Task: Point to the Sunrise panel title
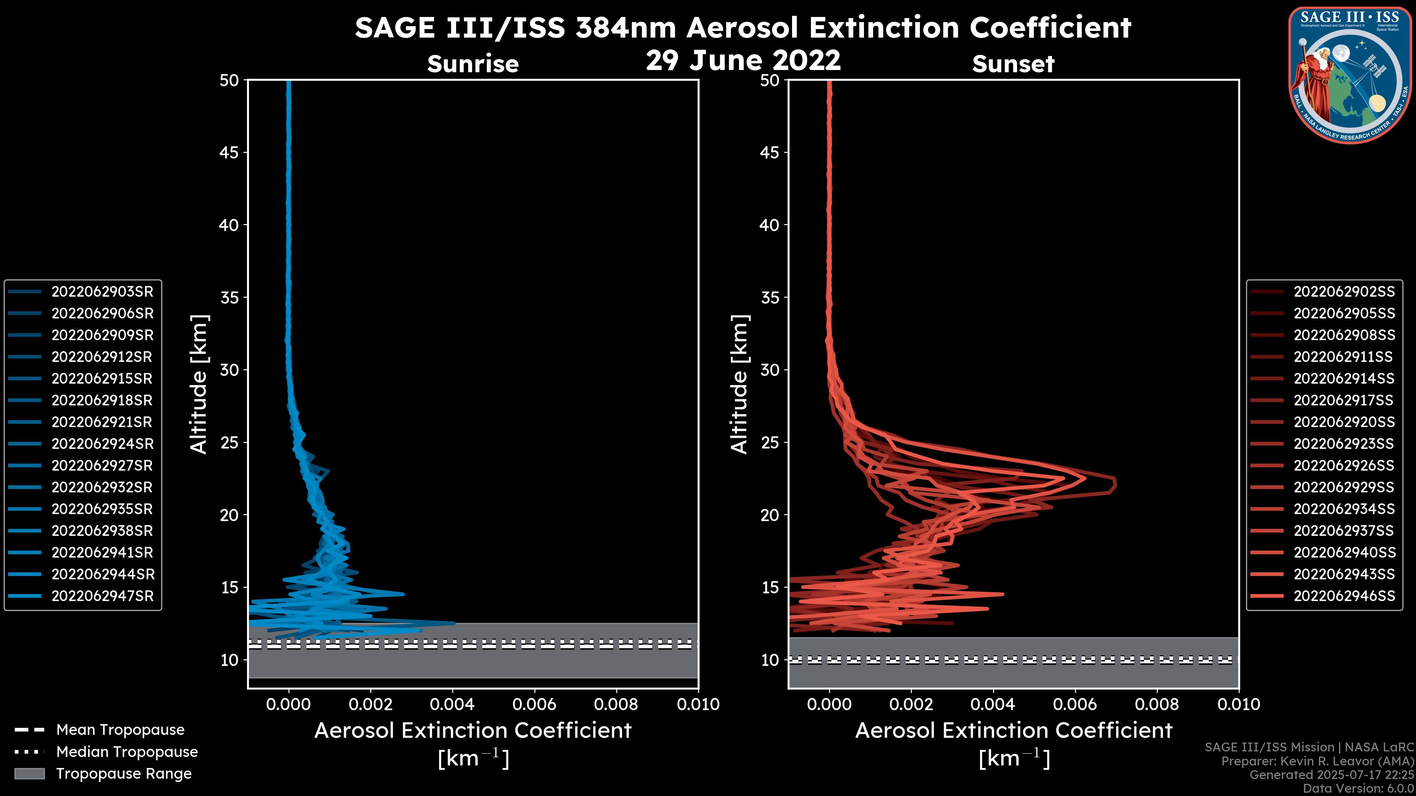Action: click(x=473, y=64)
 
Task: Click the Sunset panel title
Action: click(x=1013, y=64)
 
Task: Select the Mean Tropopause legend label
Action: click(x=120, y=730)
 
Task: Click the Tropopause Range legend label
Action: click(x=124, y=774)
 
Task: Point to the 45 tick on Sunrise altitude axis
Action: click(x=229, y=152)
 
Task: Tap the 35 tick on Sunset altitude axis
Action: click(x=770, y=297)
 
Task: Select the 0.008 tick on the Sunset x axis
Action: click(x=1157, y=704)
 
